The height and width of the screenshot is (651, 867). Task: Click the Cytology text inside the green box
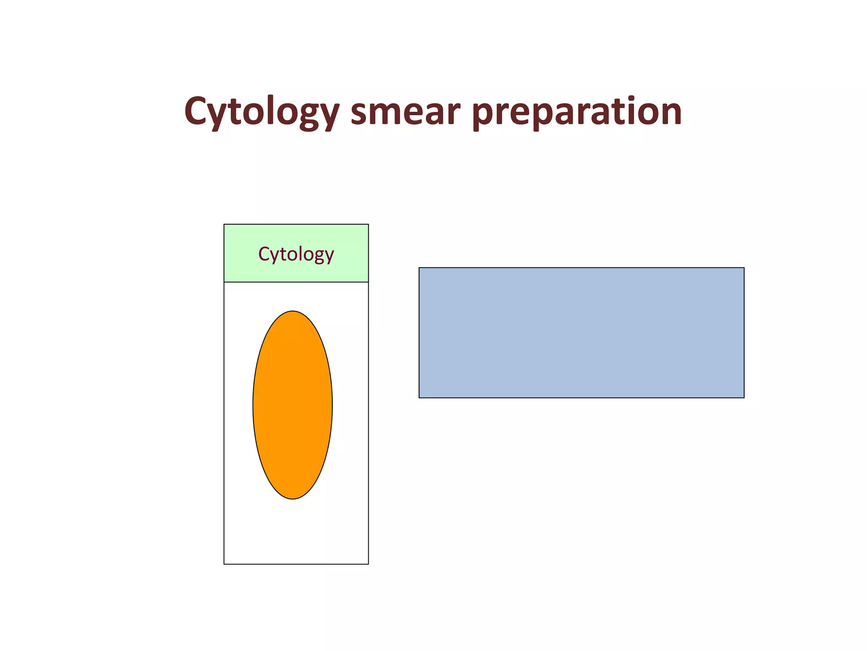[296, 254]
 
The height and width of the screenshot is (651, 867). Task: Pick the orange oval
[293, 405]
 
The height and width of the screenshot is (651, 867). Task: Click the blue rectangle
[581, 332]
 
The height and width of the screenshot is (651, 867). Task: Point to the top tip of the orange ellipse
[293, 312]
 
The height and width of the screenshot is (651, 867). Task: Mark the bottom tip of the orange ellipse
[293, 498]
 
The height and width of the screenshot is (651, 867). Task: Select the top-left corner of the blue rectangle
[419, 268]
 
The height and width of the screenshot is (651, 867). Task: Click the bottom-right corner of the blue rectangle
[744, 398]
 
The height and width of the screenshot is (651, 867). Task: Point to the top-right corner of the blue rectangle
[744, 268]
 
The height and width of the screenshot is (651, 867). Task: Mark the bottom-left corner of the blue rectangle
[419, 398]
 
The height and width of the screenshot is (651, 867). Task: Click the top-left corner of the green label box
[224, 225]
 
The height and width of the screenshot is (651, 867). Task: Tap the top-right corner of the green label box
[368, 225]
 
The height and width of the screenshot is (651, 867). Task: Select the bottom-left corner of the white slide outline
[224, 564]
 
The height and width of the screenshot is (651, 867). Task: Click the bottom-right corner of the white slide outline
[368, 564]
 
